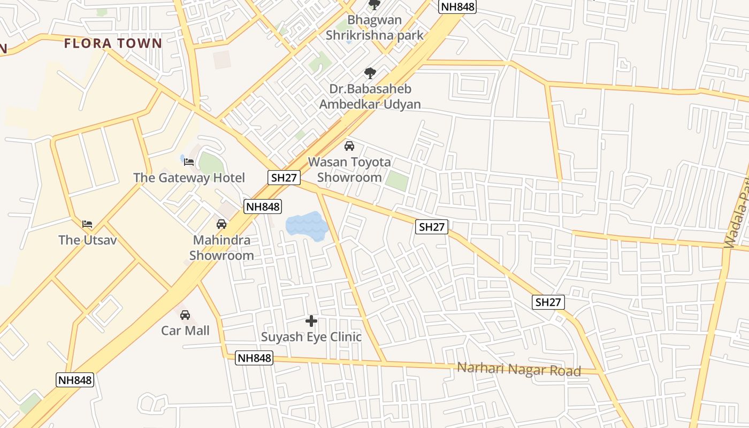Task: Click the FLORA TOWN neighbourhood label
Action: pos(113,43)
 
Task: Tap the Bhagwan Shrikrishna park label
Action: pos(374,28)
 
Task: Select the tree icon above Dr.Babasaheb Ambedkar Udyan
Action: pos(370,73)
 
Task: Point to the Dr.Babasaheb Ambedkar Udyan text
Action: pos(370,97)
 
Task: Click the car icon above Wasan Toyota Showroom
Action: pos(349,146)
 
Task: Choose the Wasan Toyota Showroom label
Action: pos(349,169)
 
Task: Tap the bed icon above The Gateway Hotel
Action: pos(189,162)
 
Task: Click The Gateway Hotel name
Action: pos(189,178)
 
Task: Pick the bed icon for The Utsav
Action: pos(87,224)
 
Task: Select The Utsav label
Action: pos(87,240)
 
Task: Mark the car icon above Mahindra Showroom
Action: pos(221,224)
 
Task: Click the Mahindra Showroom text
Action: pos(221,247)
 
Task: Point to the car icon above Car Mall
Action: pos(185,315)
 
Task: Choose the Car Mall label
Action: pos(185,331)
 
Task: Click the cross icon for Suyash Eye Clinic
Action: pos(311,321)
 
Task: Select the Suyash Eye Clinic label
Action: pos(311,337)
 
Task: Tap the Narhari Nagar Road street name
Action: pos(518,369)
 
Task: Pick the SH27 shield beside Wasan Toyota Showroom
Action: pos(284,178)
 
